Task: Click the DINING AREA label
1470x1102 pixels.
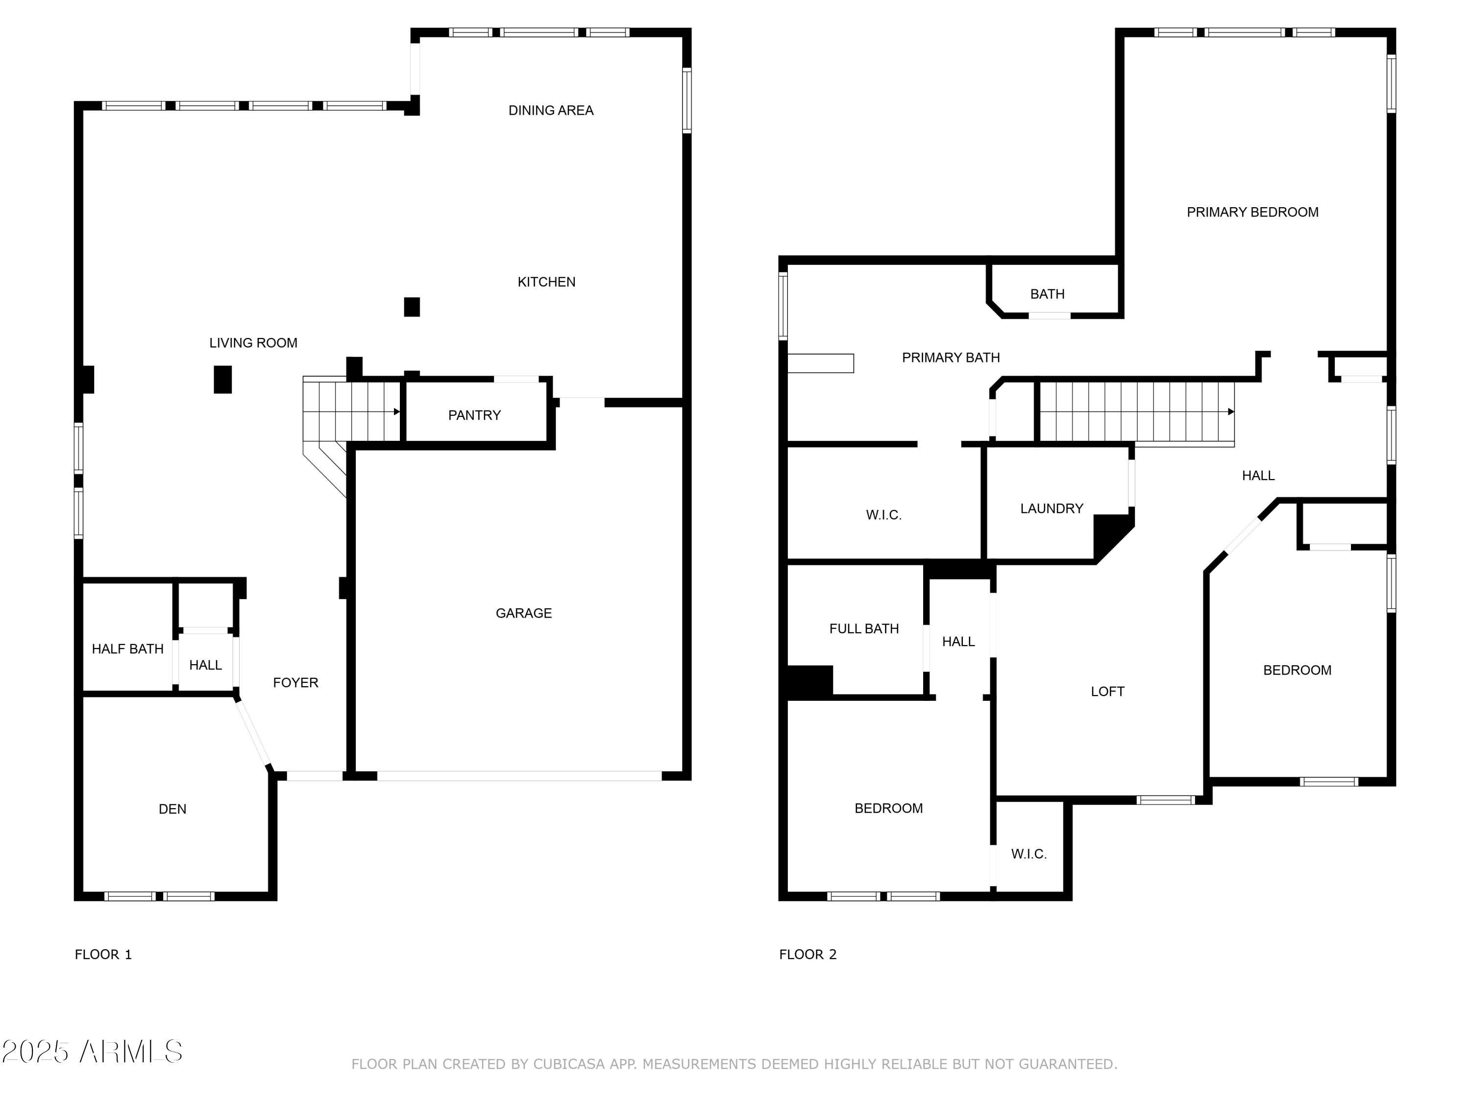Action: click(551, 110)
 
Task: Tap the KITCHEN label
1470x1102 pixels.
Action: click(546, 282)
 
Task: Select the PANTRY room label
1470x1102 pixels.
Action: click(474, 415)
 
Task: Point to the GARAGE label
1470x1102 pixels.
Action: click(524, 613)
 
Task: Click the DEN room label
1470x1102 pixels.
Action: click(173, 809)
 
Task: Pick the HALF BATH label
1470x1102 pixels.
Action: click(127, 649)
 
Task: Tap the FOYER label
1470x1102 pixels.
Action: click(296, 682)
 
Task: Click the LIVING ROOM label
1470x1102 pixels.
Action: click(253, 343)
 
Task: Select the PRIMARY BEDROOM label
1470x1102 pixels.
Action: click(1253, 212)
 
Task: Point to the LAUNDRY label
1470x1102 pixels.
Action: click(1052, 508)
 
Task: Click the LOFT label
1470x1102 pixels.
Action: click(1108, 692)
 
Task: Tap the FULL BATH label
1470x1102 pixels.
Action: click(864, 628)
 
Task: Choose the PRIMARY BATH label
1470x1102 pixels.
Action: click(951, 358)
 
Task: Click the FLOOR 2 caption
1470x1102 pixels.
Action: click(808, 955)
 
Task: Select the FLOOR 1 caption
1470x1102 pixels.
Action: click(104, 955)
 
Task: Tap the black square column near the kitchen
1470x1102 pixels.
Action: click(412, 307)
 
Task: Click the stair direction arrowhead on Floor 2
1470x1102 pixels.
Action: click(1231, 412)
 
